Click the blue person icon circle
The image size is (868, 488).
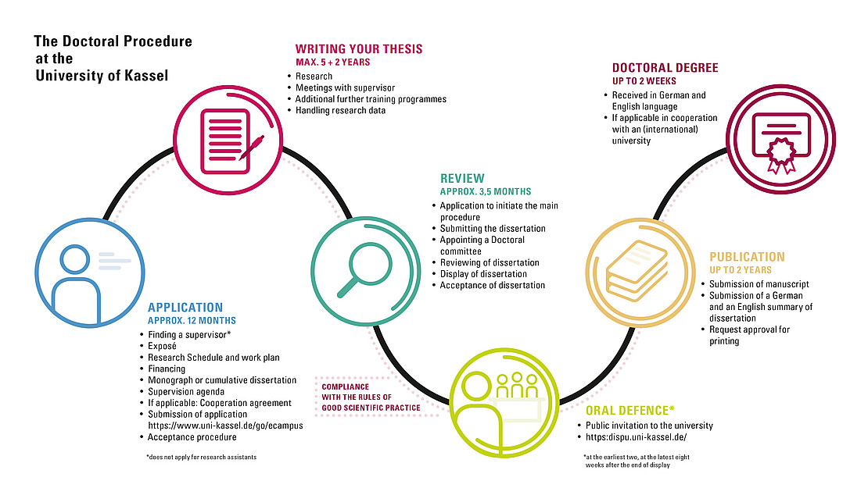pos(90,272)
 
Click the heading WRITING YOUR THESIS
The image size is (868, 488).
pos(359,49)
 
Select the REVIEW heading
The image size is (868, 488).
pos(462,179)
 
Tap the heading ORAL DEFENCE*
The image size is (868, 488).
pos(630,411)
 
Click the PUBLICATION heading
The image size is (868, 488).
pos(748,257)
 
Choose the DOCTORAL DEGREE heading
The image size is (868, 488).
pos(665,68)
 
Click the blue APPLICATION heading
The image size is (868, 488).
pos(185,308)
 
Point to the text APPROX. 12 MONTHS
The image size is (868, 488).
pos(192,321)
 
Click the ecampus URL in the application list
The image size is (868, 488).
pos(225,426)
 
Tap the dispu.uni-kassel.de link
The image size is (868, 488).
pos(636,437)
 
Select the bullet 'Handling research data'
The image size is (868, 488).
pos(340,111)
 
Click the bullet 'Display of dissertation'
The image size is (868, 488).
pos(483,274)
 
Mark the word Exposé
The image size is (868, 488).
pos(162,346)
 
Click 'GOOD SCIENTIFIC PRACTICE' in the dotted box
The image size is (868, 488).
pos(371,408)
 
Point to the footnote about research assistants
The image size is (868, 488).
pos(202,457)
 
